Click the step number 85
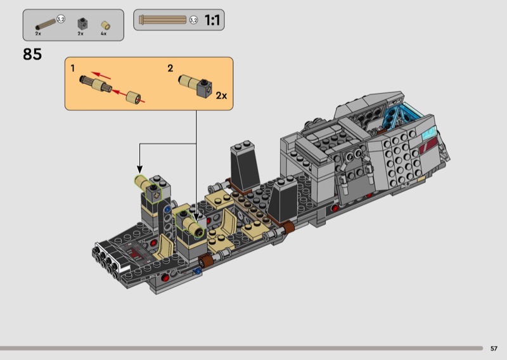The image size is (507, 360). [32, 54]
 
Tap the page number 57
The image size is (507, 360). [494, 349]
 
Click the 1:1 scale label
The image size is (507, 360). [212, 20]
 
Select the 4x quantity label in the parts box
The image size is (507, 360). [103, 34]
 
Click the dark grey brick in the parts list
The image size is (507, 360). [82, 24]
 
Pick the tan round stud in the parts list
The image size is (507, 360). [105, 25]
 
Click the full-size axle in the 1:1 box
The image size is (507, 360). [163, 20]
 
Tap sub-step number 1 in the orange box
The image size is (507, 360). [73, 68]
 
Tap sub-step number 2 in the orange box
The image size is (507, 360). [170, 68]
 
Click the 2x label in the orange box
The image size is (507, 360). [221, 96]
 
